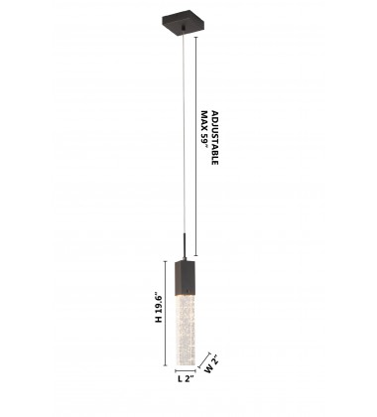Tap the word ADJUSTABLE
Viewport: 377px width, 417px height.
click(214, 138)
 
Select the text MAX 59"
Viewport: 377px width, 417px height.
click(205, 132)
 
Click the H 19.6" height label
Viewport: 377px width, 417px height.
click(159, 308)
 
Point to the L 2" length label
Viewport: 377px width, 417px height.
click(186, 379)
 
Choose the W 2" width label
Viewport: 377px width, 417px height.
click(211, 364)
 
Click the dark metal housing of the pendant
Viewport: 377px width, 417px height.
click(185, 277)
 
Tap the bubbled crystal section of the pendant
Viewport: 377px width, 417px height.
click(185, 331)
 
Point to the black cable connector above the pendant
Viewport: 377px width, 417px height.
click(185, 246)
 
